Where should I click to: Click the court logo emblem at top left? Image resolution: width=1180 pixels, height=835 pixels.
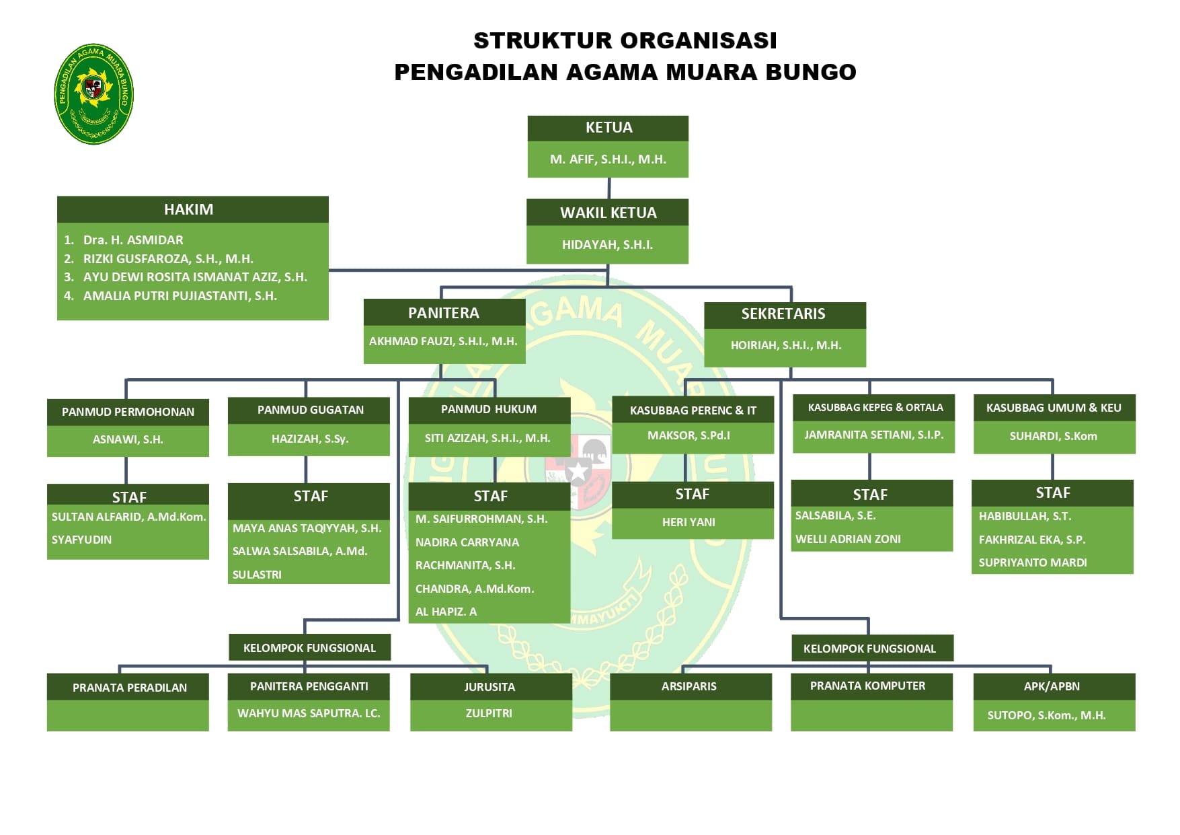point(93,94)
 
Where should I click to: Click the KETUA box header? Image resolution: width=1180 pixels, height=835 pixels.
point(608,128)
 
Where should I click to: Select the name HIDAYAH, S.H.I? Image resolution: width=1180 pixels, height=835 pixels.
point(607,245)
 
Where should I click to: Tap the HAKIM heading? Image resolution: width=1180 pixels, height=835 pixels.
point(188,209)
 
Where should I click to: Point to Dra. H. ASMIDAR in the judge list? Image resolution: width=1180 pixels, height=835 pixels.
point(133,240)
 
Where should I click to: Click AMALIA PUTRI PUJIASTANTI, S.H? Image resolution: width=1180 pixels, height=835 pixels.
point(180,296)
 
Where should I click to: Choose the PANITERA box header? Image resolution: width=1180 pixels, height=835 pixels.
point(444,313)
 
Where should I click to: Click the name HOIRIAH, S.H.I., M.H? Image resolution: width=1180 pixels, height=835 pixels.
point(785,346)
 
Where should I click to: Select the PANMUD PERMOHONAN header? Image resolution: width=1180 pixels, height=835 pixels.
point(128,412)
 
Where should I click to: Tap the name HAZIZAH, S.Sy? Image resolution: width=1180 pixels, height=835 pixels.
point(309,439)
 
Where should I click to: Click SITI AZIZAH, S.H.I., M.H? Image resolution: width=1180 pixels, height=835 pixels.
point(487,438)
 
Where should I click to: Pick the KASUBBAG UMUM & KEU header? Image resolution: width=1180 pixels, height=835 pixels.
point(1054,408)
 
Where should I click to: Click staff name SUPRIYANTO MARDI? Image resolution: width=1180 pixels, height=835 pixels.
point(1032,562)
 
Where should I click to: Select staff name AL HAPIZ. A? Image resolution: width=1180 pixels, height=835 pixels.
point(446,612)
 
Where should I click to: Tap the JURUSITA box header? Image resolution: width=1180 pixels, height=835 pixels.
point(489,687)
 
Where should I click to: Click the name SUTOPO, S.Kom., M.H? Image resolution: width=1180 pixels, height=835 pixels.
point(1046,715)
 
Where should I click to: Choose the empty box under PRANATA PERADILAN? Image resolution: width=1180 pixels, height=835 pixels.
point(128,715)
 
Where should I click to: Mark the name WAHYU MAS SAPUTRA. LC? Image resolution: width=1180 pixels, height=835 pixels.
point(309,713)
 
